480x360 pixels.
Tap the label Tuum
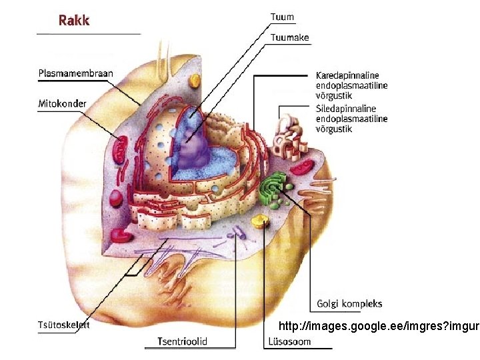click(282, 17)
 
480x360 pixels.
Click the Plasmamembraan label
click(75, 74)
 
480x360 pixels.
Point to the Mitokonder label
click(61, 103)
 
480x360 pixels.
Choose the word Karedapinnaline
click(347, 75)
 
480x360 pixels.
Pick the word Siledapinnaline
click(346, 109)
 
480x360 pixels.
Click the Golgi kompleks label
click(346, 304)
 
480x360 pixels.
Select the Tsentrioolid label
click(182, 341)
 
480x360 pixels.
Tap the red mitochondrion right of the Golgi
click(307, 167)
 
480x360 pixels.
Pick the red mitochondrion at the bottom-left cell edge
click(122, 234)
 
